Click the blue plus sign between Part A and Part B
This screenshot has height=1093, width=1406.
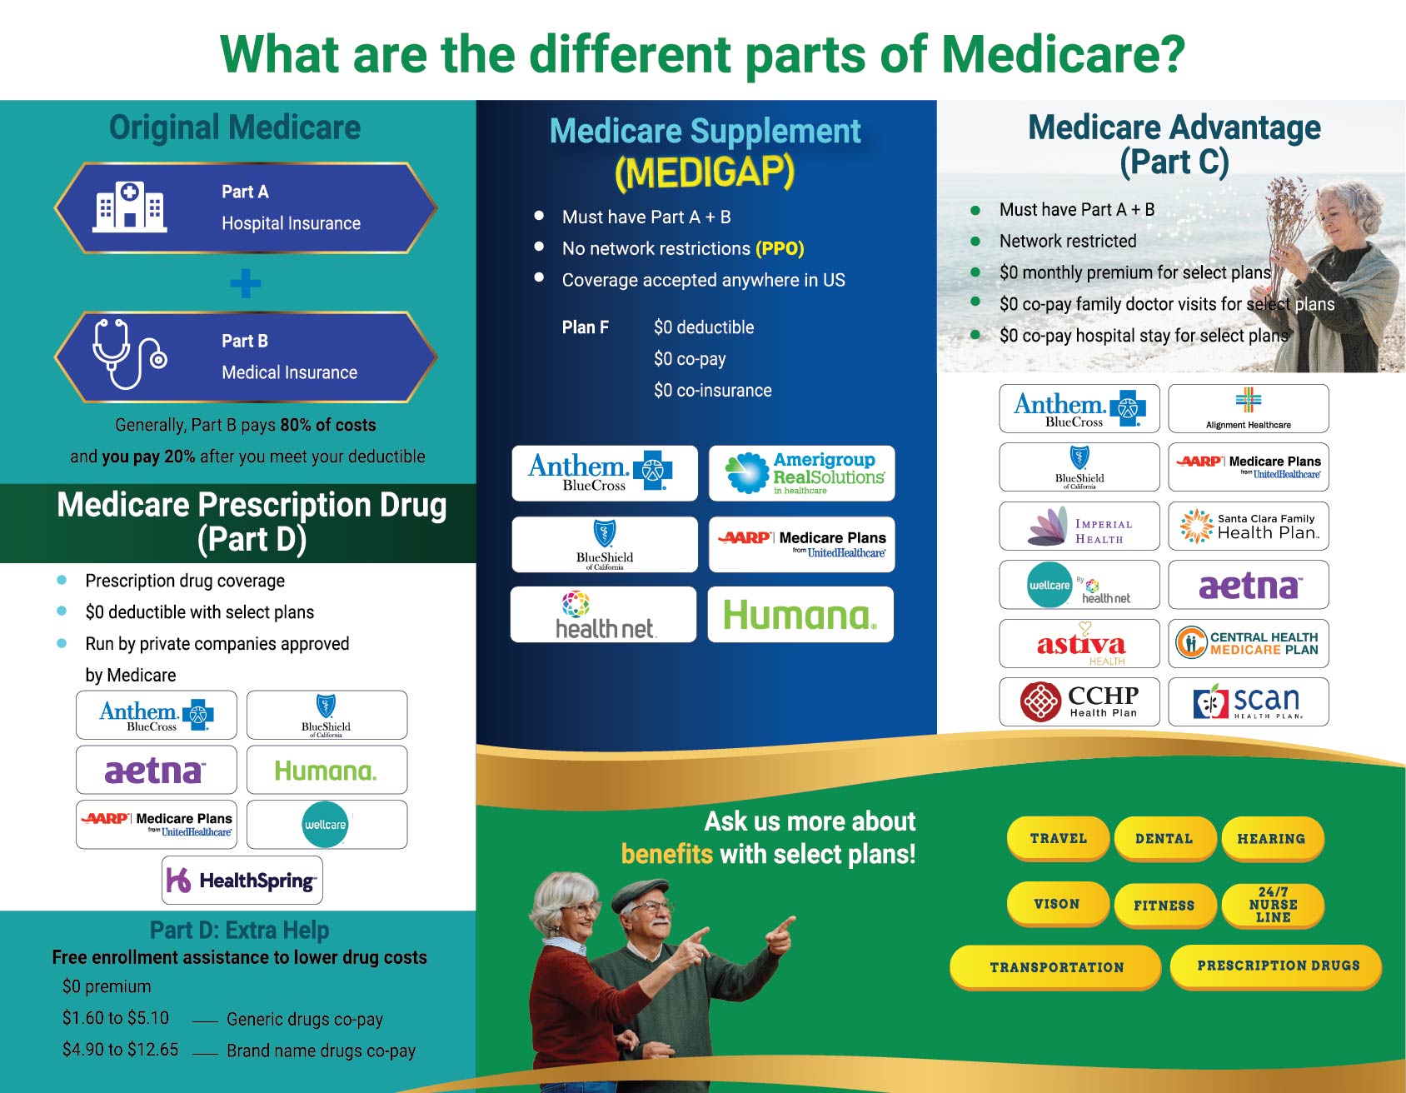246,283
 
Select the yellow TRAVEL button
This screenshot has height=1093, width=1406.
1058,838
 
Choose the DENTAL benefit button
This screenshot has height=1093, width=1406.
1164,838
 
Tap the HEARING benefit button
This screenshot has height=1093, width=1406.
1272,838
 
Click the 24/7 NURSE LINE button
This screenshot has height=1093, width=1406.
1272,905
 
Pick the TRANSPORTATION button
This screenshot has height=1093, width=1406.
1055,967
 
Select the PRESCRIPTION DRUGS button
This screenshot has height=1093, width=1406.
1277,966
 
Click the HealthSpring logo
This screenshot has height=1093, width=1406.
242,880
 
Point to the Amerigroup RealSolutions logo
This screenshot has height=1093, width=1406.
802,473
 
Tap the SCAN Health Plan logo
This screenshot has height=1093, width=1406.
1249,701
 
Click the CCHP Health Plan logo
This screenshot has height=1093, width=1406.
1079,701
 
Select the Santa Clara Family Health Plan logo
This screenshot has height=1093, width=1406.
1249,526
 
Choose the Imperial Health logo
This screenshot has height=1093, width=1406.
1079,526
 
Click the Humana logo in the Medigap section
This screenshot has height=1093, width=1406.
800,615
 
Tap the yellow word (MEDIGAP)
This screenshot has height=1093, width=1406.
705,172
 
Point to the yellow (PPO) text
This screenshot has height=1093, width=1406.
780,248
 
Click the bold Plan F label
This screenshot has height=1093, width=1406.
585,327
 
